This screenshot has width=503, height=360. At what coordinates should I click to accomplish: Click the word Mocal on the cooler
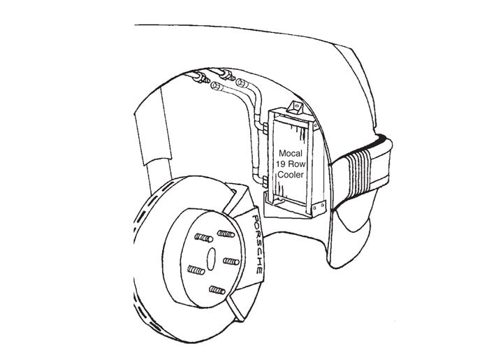[291, 153]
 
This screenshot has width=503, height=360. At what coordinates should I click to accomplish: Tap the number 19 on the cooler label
[282, 164]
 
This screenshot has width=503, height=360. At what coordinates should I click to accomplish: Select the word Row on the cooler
[297, 164]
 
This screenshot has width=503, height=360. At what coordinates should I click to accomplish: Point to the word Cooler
[291, 175]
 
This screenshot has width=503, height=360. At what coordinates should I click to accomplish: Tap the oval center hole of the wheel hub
[211, 259]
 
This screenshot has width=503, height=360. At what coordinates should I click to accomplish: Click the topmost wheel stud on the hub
[226, 233]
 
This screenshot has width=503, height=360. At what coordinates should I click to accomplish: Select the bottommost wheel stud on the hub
[217, 290]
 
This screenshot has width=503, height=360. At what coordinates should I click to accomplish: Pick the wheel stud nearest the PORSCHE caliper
[231, 261]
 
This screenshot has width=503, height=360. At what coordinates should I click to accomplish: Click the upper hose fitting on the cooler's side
[265, 129]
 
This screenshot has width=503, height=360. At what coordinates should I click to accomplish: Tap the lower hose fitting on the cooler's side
[265, 182]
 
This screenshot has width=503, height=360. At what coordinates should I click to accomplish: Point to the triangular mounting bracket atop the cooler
[295, 108]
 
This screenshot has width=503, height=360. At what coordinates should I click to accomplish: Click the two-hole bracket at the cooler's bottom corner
[319, 208]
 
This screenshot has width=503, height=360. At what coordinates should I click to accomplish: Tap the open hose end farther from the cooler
[216, 86]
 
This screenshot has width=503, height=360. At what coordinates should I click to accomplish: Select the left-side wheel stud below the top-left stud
[196, 270]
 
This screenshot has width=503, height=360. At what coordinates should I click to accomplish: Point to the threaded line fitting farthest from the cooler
[201, 78]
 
